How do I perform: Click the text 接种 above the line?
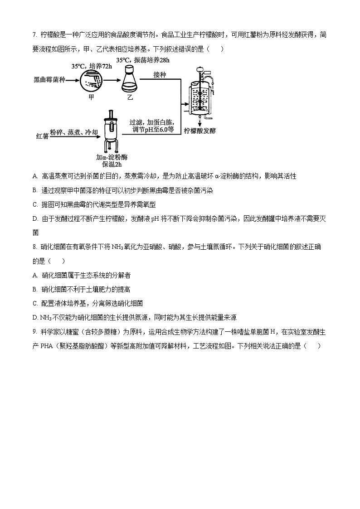160,74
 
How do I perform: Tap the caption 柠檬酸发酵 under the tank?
200,131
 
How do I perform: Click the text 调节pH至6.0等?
153,130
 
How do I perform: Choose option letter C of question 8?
35,303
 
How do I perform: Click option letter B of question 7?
35,190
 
